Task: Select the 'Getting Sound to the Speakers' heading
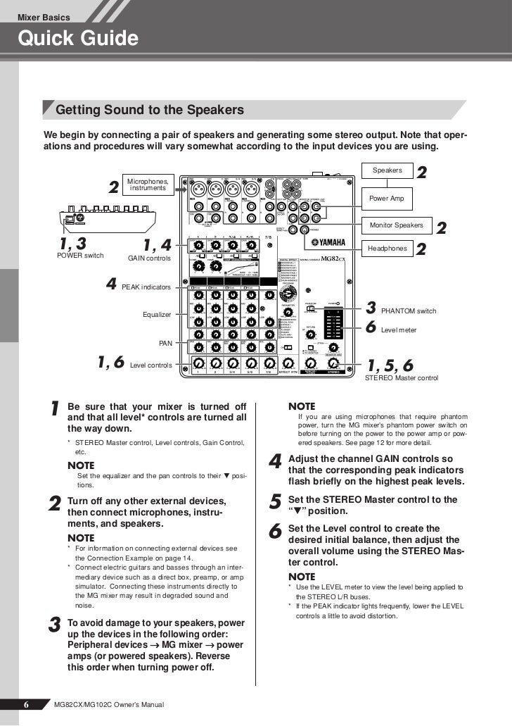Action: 149,111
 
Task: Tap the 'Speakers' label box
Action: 387,170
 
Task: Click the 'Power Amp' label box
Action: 387,199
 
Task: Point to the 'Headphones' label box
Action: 387,249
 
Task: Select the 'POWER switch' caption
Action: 79,255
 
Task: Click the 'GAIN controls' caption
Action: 148,258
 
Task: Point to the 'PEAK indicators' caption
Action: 146,287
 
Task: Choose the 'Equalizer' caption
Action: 158,314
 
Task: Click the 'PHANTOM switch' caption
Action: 409,311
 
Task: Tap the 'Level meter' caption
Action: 398,329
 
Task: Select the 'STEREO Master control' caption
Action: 402,378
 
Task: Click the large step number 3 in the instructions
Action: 54,626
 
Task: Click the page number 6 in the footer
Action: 25,704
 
